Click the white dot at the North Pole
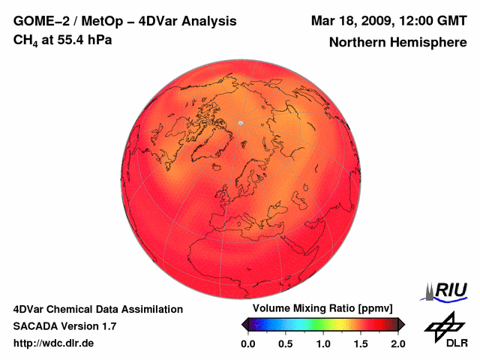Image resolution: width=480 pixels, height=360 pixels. click(241, 122)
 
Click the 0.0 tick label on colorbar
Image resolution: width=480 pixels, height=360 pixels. click(247, 343)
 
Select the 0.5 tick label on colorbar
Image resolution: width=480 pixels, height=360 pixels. click(285, 343)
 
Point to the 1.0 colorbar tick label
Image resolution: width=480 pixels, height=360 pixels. click(322, 343)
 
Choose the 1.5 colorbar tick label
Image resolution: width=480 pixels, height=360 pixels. click(361, 343)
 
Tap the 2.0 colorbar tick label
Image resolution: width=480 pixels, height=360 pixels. click(397, 343)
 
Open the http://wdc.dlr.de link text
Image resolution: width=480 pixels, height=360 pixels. click(53, 343)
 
